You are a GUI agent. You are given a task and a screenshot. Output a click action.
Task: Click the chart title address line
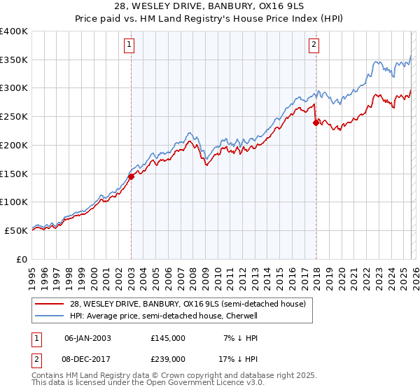point(210,6)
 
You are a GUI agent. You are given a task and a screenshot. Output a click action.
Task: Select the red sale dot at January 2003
point(131,176)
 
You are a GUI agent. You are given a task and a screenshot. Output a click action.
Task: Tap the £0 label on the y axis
point(23,259)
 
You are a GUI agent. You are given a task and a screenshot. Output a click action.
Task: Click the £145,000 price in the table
point(167,337)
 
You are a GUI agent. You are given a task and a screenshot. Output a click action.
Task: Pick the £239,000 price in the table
point(167,358)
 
